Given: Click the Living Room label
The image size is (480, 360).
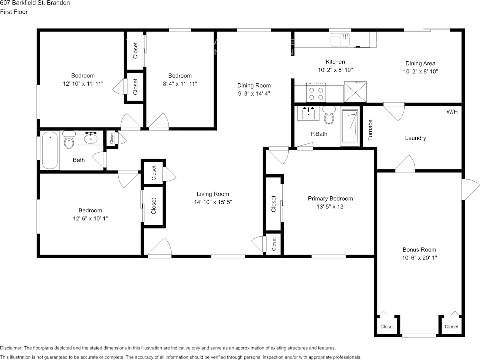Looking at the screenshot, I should click(x=213, y=194).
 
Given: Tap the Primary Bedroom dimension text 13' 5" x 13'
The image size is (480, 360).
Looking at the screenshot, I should click(x=330, y=207).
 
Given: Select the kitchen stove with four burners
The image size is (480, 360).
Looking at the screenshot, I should click(x=316, y=92).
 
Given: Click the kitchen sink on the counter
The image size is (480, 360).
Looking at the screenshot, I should click(x=340, y=40).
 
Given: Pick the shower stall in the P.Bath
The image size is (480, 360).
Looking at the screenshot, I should click(x=350, y=127).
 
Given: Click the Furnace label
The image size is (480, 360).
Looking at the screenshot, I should click(x=370, y=130).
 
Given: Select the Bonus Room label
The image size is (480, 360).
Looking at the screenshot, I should click(x=419, y=250).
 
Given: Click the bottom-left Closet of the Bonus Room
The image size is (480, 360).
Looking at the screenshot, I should click(x=387, y=327).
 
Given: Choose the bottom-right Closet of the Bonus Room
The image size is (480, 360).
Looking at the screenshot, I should click(x=451, y=327).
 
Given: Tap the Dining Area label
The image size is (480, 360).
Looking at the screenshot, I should click(x=420, y=64).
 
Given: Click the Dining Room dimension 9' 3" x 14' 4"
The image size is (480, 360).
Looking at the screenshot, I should click(x=254, y=93).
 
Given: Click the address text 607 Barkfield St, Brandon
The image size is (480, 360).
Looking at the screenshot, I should click(x=35, y=3).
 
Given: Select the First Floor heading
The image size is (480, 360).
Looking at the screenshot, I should click(x=14, y=12).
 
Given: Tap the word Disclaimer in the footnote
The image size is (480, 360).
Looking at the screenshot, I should click(x=11, y=348).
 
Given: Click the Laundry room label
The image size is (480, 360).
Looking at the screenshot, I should click(x=415, y=138).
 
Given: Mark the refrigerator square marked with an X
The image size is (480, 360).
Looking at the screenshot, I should click(x=355, y=92).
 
